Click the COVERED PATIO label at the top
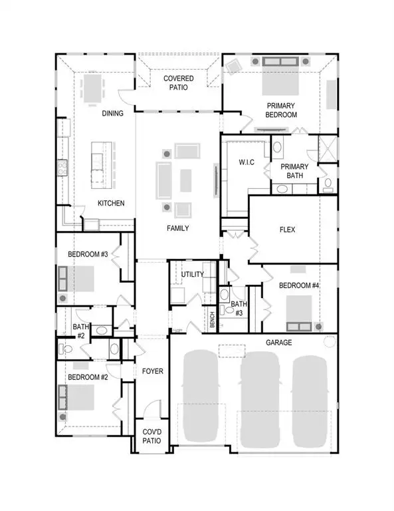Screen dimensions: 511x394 pos(179,83)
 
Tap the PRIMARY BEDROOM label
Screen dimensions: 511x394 pos(282,110)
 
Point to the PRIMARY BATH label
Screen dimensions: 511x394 pos(294,170)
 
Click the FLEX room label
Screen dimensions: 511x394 pos(287,230)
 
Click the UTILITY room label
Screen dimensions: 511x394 pos(193,274)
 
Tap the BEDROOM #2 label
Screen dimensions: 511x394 pos(87,377)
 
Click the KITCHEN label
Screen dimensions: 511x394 pos(111,203)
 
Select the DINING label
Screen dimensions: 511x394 pos(112,113)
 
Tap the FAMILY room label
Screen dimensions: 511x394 pos(177,228)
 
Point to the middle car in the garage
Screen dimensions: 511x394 pos(260,399)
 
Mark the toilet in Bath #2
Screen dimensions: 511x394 pos(66,348)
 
